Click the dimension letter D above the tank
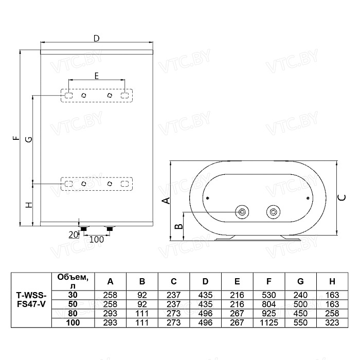[x=97, y=39]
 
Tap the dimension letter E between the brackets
[x=97, y=76]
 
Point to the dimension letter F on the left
[x=16, y=138]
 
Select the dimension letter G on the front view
[x=29, y=139]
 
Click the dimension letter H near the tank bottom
[x=29, y=205]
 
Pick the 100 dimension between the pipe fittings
[x=97, y=240]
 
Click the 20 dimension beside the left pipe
[x=73, y=235]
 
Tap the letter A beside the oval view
[x=166, y=201]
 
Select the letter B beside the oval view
[x=179, y=226]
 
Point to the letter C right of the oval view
[x=342, y=197]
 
